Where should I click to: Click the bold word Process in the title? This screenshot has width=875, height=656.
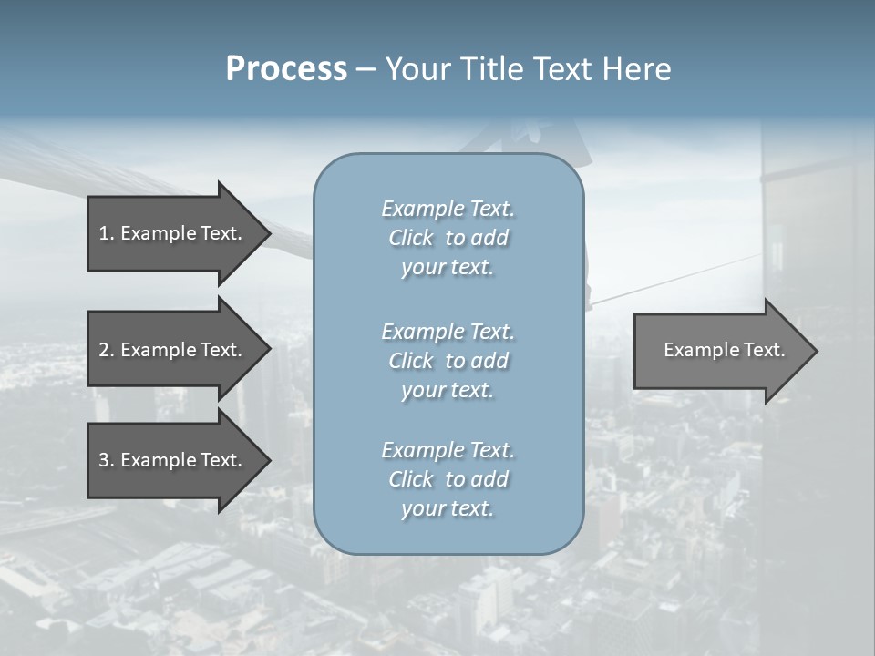[286, 69]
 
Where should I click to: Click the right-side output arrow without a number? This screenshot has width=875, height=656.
[724, 350]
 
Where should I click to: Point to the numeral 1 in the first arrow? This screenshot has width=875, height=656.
[104, 233]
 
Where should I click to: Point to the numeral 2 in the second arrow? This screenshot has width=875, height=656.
[104, 350]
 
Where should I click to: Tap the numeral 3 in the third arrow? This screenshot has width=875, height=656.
[104, 460]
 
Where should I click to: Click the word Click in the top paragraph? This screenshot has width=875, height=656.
[410, 238]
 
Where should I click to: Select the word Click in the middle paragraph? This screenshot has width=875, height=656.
[410, 361]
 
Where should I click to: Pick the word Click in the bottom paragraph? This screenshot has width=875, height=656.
[410, 479]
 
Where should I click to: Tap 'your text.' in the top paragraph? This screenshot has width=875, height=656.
[448, 267]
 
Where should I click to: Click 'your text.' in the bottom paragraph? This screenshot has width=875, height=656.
[448, 508]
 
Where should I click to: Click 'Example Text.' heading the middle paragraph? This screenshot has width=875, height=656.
[448, 332]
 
